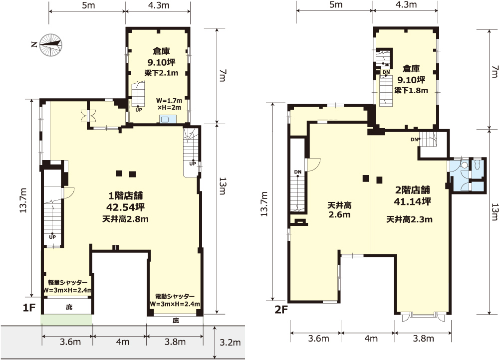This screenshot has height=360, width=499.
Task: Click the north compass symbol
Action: [x=49, y=44]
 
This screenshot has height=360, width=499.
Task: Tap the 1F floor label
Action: [x=29, y=307]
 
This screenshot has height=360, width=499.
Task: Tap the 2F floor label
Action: [x=281, y=309]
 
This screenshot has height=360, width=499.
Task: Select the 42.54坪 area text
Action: [x=125, y=207]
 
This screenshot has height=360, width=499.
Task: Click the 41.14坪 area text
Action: [x=413, y=201]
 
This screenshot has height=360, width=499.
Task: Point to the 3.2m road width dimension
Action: [x=230, y=342]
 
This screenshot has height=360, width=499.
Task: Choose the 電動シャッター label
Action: [x=175, y=296]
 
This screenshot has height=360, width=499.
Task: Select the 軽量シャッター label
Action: [x=67, y=282]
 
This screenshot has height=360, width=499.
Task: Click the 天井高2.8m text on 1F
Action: [x=125, y=219]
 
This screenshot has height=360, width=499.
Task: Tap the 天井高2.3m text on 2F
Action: [x=409, y=219]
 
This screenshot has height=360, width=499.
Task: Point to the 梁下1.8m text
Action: [x=411, y=90]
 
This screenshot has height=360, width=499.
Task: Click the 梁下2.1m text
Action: [x=161, y=73]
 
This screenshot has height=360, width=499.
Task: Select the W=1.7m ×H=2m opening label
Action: [x=169, y=104]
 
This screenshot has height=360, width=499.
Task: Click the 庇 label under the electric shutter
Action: [x=176, y=321]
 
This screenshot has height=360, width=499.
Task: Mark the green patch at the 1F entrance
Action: [x=66, y=320]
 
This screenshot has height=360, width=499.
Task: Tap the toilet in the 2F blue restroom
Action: [x=477, y=165]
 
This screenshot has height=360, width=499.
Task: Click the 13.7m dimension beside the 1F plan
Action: [x=23, y=200]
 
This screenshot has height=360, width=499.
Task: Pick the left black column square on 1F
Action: [x=119, y=174]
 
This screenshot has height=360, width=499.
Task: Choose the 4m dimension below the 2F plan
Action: [x=371, y=339]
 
